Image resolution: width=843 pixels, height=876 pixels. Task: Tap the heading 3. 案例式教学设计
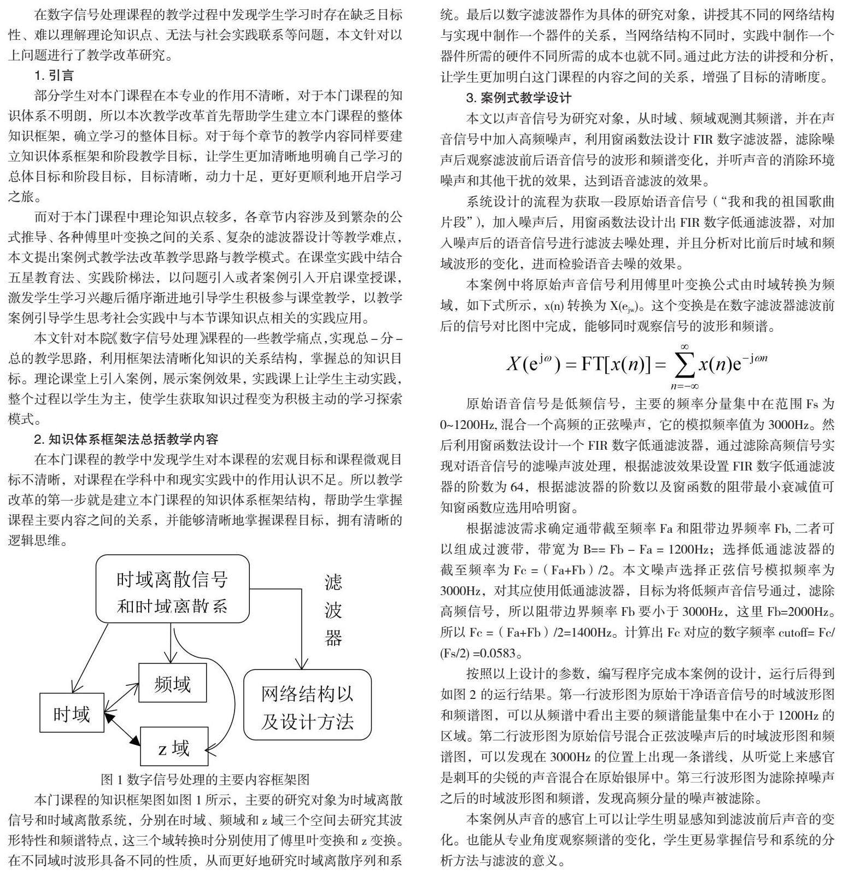518,98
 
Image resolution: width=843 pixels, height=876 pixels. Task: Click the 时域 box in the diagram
72,713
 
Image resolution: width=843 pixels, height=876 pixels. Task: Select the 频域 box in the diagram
172,683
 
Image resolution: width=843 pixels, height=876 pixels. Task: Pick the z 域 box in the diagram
174,746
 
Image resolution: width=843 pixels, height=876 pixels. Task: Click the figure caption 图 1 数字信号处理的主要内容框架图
205,779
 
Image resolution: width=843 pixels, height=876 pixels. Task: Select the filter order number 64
516,486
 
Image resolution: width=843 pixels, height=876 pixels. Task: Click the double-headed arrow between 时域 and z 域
122,729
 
